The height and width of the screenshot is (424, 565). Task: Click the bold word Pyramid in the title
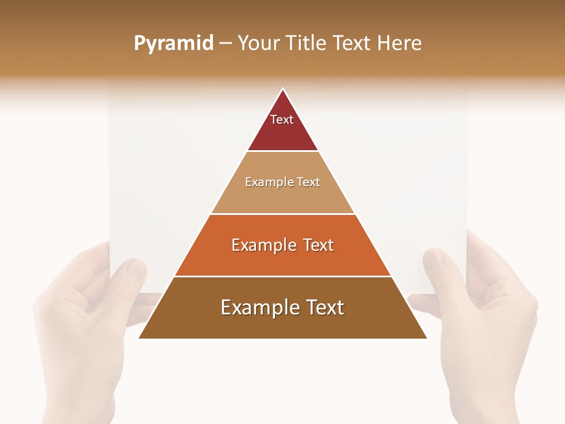pos(173,44)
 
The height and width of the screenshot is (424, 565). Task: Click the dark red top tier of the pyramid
pos(282,132)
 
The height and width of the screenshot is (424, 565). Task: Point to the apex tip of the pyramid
pos(283,90)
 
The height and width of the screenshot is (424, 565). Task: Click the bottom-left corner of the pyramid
pos(140,337)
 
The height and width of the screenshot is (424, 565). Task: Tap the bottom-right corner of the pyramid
pos(426,337)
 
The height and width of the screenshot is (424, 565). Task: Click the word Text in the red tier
pos(282,120)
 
